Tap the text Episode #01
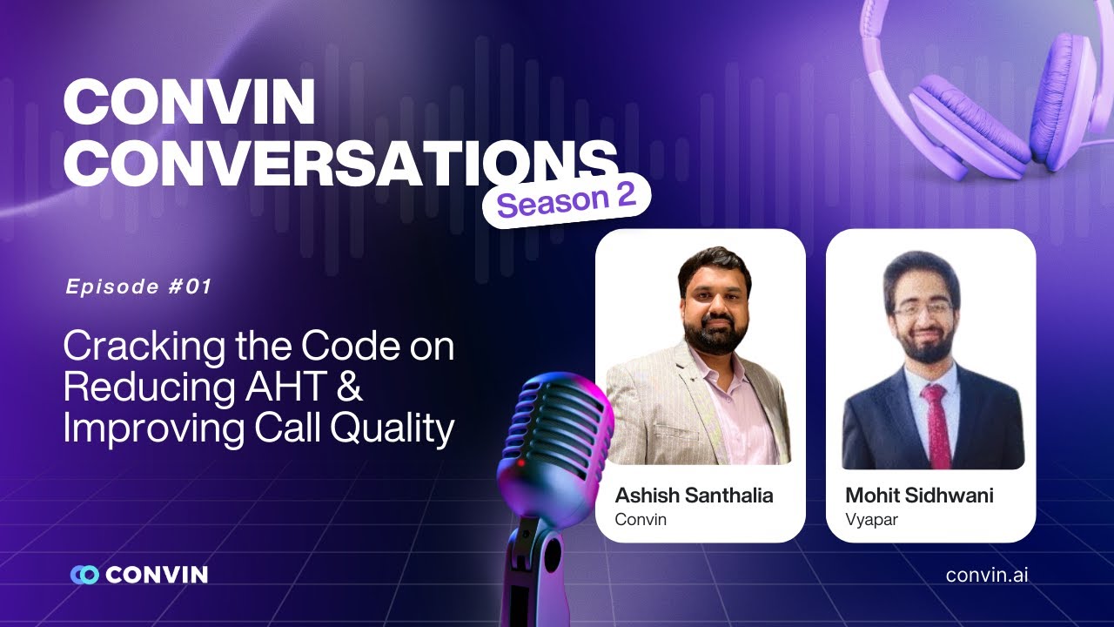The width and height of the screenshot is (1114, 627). coord(138,287)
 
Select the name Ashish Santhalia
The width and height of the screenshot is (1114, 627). coord(694,496)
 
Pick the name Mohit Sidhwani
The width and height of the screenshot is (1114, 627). coord(919,496)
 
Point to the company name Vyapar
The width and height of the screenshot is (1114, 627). coord(870,520)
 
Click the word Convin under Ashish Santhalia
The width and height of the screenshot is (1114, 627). coord(640,520)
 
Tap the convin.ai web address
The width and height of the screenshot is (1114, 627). coord(986,575)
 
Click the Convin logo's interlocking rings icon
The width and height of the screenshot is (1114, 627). coord(84,575)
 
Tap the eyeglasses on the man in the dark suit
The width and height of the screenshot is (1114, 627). coord(922,309)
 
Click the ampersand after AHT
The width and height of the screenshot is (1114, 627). coord(348,388)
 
